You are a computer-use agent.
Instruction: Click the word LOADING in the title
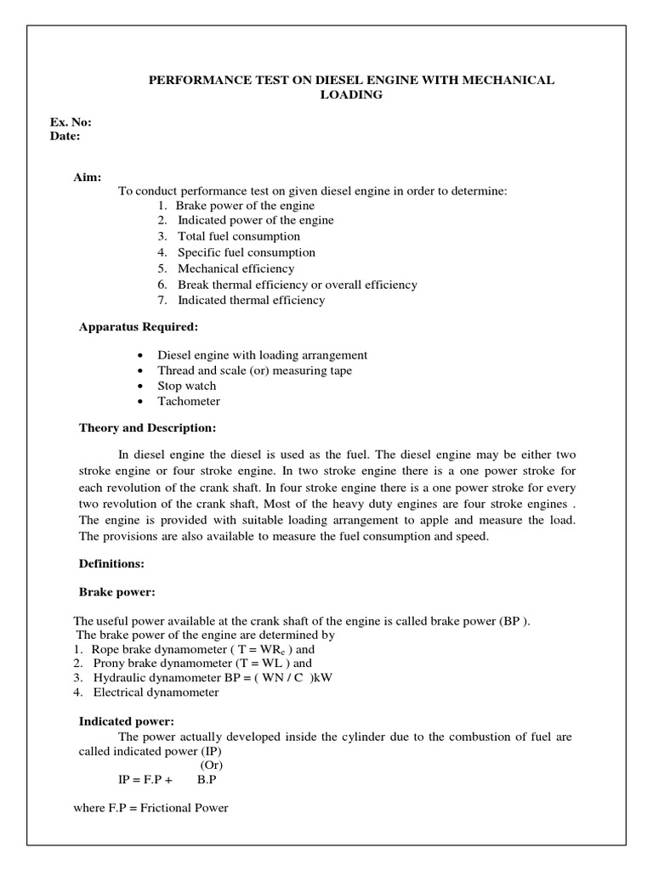point(350,95)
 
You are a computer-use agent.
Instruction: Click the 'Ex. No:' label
point(71,122)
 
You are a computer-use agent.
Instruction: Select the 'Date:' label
point(65,136)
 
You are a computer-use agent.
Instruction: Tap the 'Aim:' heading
point(89,177)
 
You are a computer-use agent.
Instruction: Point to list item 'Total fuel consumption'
point(238,236)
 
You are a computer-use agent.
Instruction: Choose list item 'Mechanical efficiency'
point(236,268)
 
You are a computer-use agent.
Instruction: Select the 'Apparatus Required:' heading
point(139,326)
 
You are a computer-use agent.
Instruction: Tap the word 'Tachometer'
point(189,402)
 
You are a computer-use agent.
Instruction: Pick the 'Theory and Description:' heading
point(148,427)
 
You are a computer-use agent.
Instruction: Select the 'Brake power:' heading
point(116,590)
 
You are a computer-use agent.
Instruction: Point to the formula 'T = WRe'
point(253,649)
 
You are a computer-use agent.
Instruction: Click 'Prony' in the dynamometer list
point(111,664)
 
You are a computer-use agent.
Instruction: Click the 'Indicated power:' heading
point(127,721)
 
